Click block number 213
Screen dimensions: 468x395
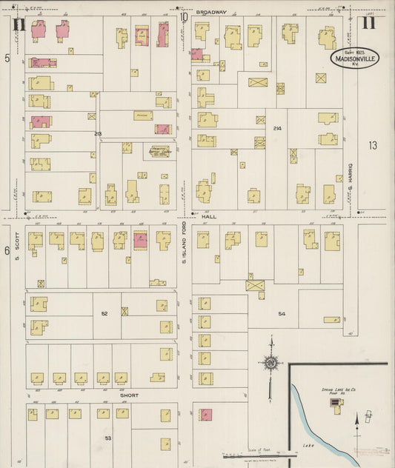tap(98, 133)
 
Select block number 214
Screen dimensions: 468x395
tap(277, 128)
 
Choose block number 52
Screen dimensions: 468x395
tap(104, 314)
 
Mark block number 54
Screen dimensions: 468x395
tap(282, 314)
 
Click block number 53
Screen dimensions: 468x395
tap(108, 439)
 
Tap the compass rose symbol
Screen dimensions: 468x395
tap(271, 362)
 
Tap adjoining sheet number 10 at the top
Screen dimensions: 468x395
tap(183, 16)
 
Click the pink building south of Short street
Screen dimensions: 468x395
tap(205, 415)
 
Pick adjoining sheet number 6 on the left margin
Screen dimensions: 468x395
tap(7, 250)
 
